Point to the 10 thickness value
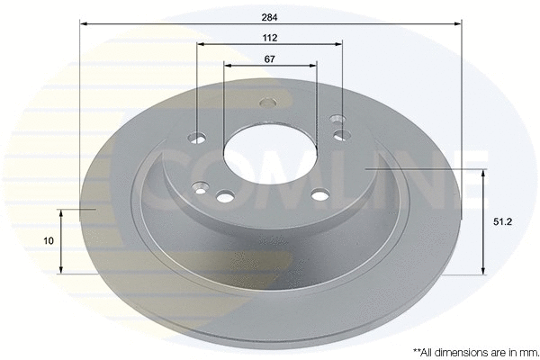(48, 241)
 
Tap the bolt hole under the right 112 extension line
(342, 134)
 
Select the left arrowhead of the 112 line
(201, 45)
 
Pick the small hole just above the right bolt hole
(337, 117)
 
